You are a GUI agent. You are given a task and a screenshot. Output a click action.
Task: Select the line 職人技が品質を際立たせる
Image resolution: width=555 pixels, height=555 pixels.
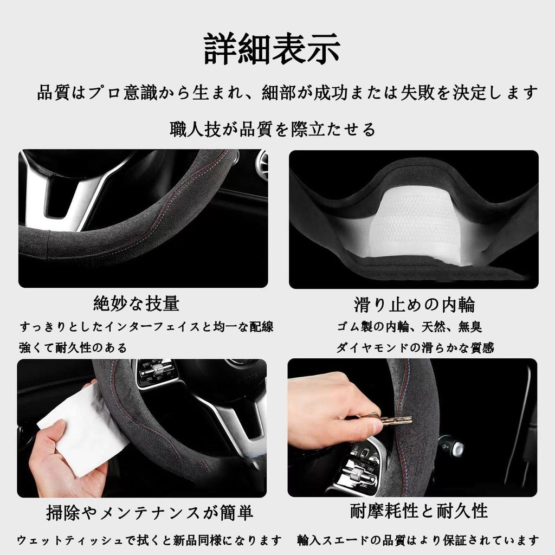(272, 130)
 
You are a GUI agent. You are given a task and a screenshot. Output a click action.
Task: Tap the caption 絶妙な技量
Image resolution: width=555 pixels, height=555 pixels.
(136, 304)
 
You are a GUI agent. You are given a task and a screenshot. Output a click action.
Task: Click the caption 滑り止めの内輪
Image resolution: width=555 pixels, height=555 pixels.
(414, 305)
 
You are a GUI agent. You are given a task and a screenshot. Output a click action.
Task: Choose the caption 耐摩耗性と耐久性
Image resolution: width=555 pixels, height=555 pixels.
(418, 511)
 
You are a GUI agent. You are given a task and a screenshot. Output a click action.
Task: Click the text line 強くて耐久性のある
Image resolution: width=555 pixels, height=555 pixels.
(73, 348)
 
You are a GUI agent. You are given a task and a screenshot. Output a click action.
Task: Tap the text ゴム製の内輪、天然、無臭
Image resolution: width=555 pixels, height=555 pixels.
(409, 327)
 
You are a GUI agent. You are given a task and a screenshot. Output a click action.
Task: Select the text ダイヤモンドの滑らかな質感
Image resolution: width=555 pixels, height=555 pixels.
(415, 348)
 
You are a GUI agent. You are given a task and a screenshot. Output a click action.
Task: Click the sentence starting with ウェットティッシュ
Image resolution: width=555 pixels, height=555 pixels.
(149, 540)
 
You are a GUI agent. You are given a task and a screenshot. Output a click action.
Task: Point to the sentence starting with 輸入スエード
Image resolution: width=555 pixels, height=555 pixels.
(418, 540)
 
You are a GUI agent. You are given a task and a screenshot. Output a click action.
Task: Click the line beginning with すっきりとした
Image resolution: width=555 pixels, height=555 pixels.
(146, 327)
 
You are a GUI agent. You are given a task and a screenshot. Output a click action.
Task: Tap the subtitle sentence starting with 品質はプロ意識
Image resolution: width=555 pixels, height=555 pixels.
(287, 93)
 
